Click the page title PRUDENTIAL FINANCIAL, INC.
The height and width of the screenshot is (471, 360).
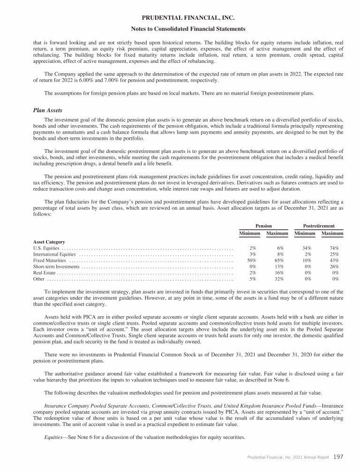tap(180, 18)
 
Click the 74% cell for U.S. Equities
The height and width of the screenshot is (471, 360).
tap(335, 248)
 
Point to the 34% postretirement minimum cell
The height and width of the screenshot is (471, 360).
tap(307, 248)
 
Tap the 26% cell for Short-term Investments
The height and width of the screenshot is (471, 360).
tap(335, 266)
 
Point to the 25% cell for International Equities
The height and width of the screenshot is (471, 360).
tap(335, 254)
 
